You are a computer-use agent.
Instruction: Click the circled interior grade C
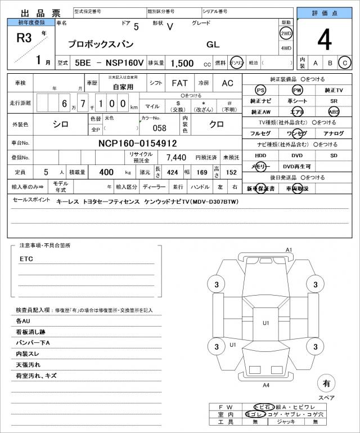[x=344, y=63]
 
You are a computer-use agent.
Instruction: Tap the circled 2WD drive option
[x=286, y=33]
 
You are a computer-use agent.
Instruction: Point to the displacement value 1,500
[x=182, y=63]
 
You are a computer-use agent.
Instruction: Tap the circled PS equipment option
[x=260, y=90]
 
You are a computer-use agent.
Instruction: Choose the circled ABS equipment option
[x=334, y=111]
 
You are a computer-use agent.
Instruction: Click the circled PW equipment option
[x=297, y=90]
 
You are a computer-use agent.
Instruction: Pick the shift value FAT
[x=179, y=83]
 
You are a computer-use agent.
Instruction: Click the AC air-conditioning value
[x=227, y=83]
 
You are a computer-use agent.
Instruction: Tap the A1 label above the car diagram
[x=289, y=249]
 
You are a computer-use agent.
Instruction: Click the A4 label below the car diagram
[x=267, y=385]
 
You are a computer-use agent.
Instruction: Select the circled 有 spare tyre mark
[x=325, y=383]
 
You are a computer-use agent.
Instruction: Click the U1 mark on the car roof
[x=266, y=323]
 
